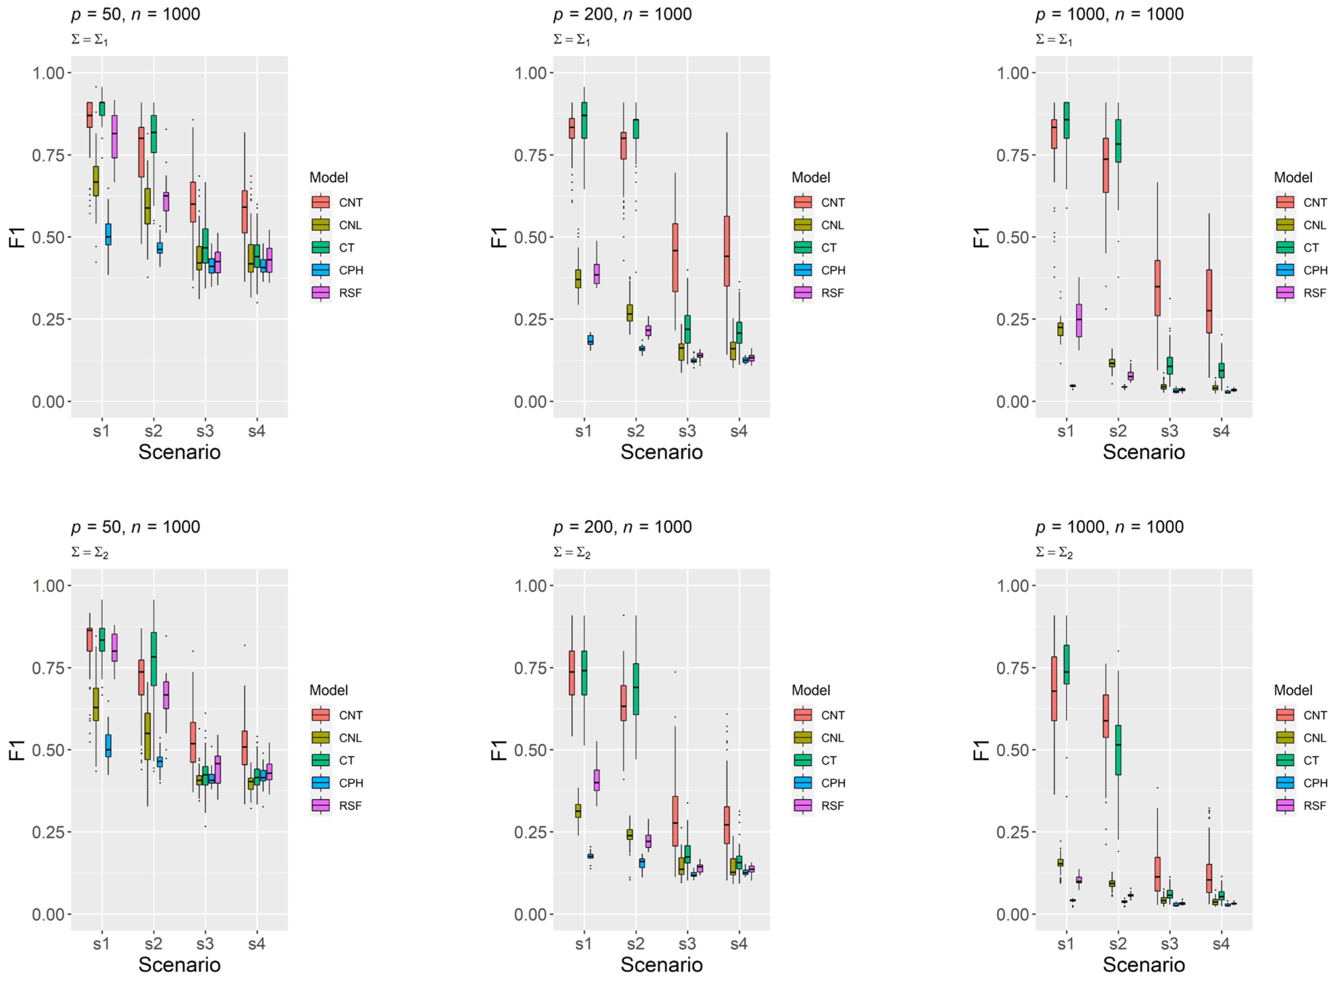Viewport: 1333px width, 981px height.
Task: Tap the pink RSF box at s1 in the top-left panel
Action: point(115,136)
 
